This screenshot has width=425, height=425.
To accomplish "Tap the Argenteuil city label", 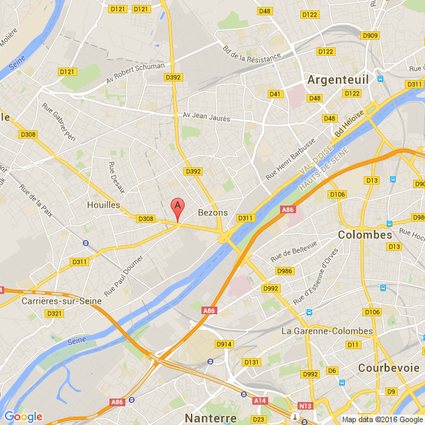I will (x=341, y=79).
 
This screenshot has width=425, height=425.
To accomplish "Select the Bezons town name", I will (x=213, y=212).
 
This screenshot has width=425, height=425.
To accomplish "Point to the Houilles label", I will (x=104, y=205).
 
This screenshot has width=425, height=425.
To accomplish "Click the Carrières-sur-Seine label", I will (x=61, y=301).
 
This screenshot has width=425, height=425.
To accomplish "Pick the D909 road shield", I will (x=370, y=36).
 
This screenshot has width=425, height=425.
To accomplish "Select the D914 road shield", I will (x=224, y=344).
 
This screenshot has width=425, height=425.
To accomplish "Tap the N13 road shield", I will (x=304, y=405).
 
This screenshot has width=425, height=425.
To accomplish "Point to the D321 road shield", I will (x=54, y=314).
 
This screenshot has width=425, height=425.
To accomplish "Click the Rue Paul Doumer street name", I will (x=123, y=274).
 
